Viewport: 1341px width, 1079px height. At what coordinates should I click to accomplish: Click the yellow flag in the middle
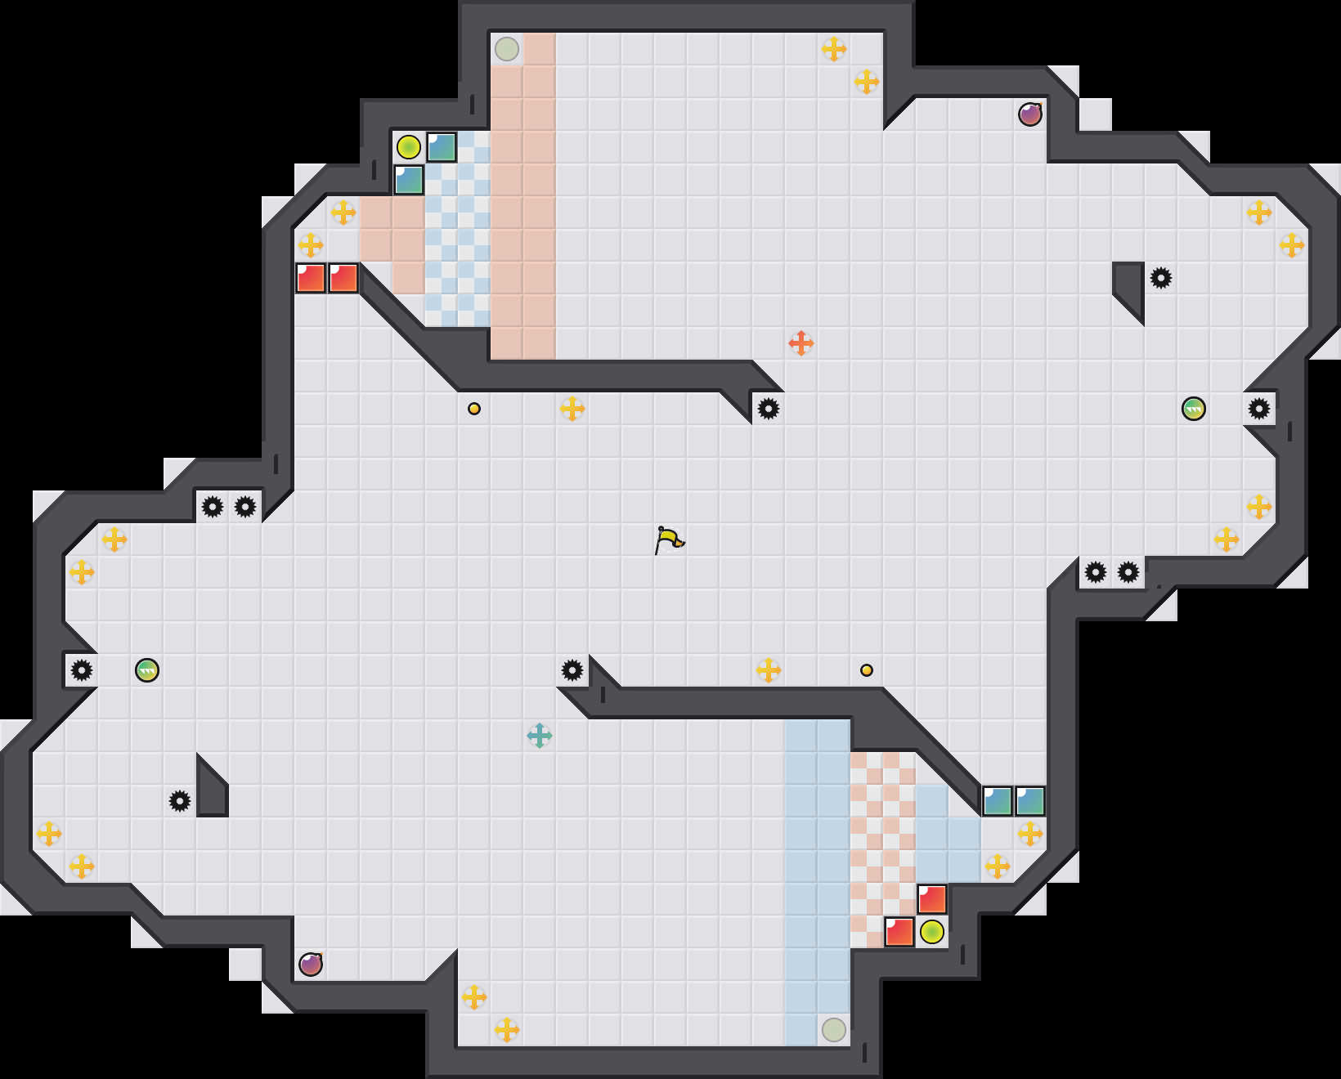(669, 539)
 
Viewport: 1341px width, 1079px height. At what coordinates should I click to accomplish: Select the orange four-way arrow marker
(801, 343)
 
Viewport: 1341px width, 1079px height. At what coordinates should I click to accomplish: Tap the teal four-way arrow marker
(540, 736)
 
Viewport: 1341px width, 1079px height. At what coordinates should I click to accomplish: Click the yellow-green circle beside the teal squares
(409, 147)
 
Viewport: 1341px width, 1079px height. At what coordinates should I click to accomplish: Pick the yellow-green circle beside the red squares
(932, 932)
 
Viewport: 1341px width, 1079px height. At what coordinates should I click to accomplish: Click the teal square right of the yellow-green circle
(442, 147)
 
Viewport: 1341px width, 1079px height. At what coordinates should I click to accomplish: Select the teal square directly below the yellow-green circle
(409, 180)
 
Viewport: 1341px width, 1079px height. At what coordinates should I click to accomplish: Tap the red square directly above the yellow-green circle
(932, 899)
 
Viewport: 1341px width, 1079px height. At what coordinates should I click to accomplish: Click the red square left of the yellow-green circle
(899, 932)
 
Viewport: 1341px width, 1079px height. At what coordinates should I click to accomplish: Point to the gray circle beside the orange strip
(507, 49)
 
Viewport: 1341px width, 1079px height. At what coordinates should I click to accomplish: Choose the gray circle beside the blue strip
(834, 1030)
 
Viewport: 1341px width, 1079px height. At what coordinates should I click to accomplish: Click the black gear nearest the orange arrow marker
(769, 409)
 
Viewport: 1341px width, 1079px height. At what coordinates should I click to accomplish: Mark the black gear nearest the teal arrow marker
(572, 670)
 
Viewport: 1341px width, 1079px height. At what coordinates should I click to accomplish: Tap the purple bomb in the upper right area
(1030, 114)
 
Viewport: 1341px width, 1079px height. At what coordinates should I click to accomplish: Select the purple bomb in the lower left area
(311, 965)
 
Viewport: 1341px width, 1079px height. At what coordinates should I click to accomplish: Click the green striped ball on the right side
(1194, 409)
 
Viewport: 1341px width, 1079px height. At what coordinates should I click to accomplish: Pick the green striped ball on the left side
(147, 670)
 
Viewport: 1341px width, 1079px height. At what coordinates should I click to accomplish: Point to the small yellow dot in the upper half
(474, 409)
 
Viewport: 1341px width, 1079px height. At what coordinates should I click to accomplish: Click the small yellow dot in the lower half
(867, 670)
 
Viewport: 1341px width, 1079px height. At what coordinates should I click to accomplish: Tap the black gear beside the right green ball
(1259, 409)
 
